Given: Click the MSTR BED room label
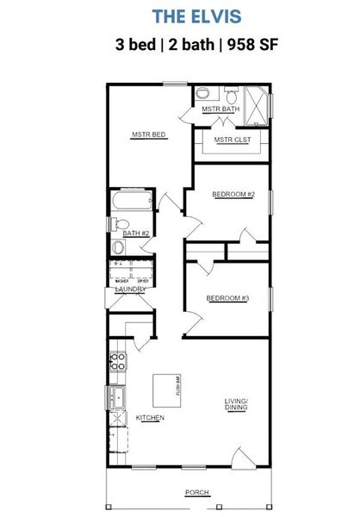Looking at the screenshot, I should [x=148, y=135].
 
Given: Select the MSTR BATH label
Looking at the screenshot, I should [x=220, y=109].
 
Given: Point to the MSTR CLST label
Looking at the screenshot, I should [x=230, y=140].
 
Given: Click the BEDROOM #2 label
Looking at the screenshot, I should [x=233, y=194].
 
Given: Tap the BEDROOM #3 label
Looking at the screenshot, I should [x=227, y=298].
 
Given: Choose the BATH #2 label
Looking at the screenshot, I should [x=136, y=234].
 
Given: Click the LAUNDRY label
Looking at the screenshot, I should [x=128, y=290].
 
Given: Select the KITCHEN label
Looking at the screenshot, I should [x=150, y=418].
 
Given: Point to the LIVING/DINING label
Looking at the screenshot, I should [x=236, y=406].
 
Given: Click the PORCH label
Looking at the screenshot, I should [x=196, y=493].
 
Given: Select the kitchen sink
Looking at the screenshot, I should [x=116, y=398].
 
